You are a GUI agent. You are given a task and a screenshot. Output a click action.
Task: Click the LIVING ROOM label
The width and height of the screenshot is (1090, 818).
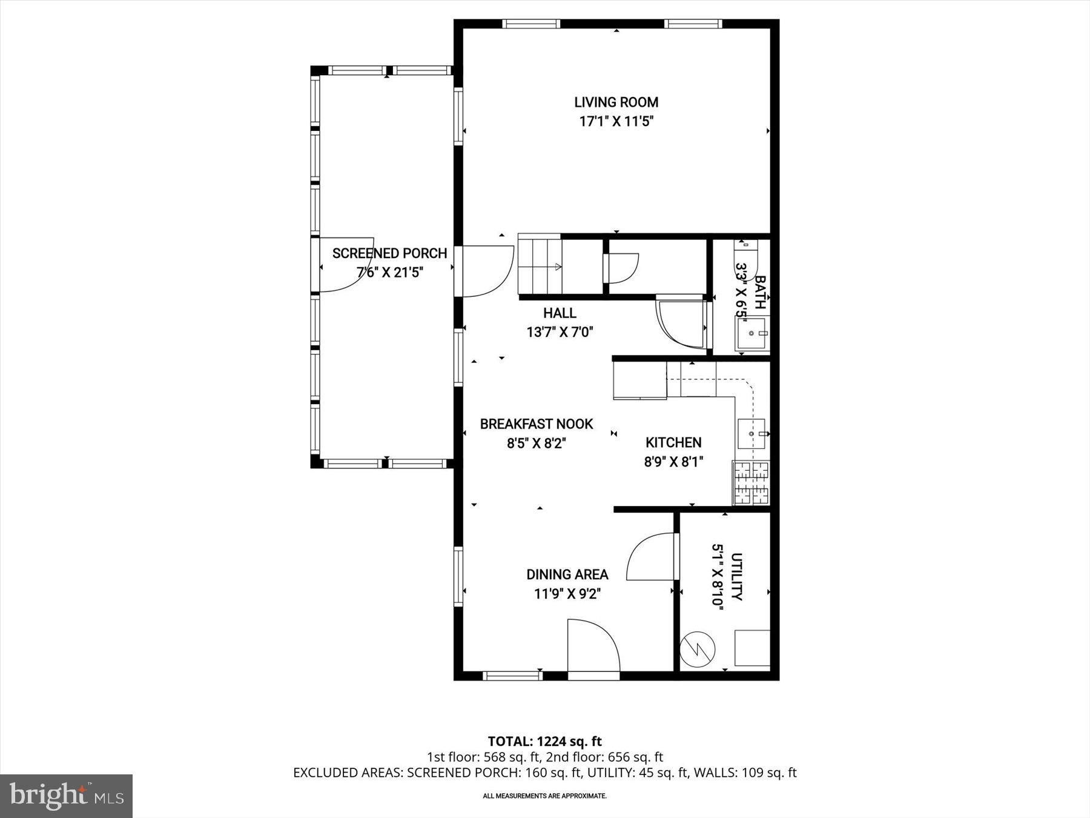tap(616, 102)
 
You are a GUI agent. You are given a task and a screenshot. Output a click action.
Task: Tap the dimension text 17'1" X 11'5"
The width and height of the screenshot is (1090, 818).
tap(616, 122)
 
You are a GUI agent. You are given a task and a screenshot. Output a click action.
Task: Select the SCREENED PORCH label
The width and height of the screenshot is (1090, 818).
tap(389, 253)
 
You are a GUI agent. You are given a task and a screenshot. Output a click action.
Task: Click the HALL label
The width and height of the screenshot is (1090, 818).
tap(560, 313)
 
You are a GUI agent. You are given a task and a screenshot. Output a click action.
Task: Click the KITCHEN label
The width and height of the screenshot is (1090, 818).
tap(673, 443)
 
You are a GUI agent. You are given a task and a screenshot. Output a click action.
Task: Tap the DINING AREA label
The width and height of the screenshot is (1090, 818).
tap(567, 574)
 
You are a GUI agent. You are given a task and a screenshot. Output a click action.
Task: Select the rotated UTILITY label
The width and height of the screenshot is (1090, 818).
tap(736, 576)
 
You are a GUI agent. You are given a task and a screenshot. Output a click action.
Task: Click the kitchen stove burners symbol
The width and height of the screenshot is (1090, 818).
tap(751, 483)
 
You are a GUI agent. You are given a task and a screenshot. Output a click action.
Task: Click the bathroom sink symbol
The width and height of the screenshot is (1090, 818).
tap(752, 334)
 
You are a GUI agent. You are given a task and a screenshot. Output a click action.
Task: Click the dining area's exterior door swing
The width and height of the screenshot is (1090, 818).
tap(592, 646)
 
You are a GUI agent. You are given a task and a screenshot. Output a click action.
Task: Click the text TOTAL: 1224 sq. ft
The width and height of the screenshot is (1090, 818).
tap(544, 741)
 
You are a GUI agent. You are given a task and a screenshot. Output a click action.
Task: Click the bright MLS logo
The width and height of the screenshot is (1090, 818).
tap(66, 796)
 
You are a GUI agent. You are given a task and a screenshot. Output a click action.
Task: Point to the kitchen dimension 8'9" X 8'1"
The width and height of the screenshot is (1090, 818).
tap(673, 462)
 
